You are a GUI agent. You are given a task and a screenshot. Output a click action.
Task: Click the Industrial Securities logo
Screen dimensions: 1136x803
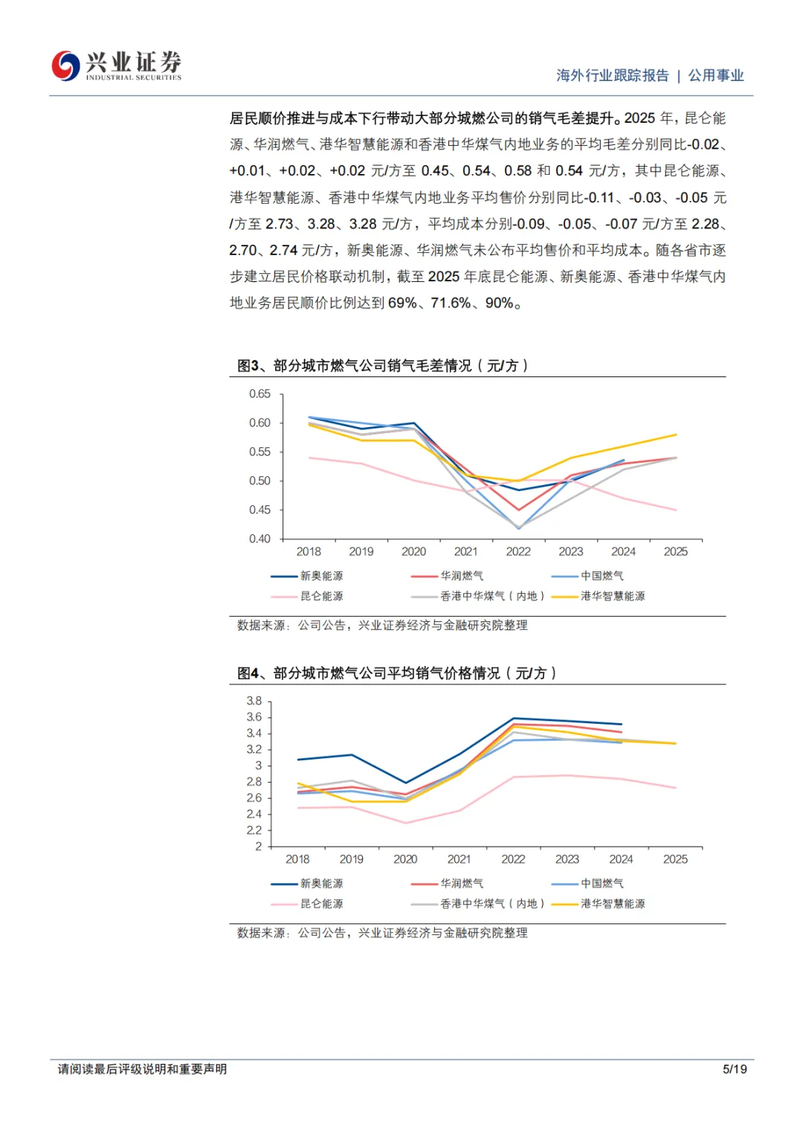pyautogui.click(x=116, y=65)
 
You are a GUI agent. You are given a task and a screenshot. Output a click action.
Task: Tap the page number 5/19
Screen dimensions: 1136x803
pyautogui.click(x=735, y=1069)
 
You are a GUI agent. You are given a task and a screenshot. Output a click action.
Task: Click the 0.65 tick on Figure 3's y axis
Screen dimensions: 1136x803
pyautogui.click(x=259, y=394)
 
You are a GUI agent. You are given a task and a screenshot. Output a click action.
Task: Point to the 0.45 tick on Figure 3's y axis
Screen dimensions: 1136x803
pyautogui.click(x=259, y=510)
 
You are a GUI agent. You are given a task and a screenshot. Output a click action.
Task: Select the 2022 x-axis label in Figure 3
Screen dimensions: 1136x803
pyautogui.click(x=518, y=551)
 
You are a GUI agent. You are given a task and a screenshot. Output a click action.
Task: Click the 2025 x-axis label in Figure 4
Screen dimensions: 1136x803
pyautogui.click(x=675, y=859)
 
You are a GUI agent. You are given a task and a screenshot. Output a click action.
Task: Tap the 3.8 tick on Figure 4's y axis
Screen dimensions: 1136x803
pyautogui.click(x=254, y=701)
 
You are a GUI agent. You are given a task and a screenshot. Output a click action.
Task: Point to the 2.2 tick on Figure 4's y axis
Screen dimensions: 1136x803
pyautogui.click(x=254, y=830)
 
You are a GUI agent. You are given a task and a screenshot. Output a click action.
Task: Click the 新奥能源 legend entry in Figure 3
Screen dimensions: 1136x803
pyautogui.click(x=321, y=576)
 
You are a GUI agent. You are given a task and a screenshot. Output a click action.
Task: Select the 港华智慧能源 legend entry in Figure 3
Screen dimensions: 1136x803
pyautogui.click(x=613, y=596)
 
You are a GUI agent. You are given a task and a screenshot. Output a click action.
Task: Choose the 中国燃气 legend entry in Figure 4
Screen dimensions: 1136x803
pyautogui.click(x=602, y=883)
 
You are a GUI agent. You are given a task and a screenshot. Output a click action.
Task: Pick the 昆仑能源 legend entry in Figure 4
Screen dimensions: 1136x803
pyautogui.click(x=321, y=903)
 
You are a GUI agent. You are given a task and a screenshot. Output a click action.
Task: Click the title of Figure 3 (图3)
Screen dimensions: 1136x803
pyautogui.click(x=382, y=365)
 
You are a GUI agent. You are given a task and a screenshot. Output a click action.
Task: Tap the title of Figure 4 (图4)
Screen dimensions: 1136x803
pyautogui.click(x=396, y=673)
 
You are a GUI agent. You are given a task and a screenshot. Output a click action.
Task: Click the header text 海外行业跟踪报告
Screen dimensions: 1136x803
pyautogui.click(x=613, y=75)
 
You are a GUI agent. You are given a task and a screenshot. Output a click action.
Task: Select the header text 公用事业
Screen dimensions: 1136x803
pyautogui.click(x=716, y=75)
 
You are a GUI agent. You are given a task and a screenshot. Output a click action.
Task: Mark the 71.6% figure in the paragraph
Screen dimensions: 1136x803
pyautogui.click(x=451, y=303)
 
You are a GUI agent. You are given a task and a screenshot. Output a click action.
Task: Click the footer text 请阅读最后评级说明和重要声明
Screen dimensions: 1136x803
pyautogui.click(x=143, y=1069)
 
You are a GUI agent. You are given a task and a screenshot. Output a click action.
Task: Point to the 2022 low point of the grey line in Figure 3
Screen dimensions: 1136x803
pyautogui.click(x=518, y=528)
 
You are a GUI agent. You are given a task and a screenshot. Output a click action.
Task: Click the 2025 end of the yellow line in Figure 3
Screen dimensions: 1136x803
pyautogui.click(x=676, y=434)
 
